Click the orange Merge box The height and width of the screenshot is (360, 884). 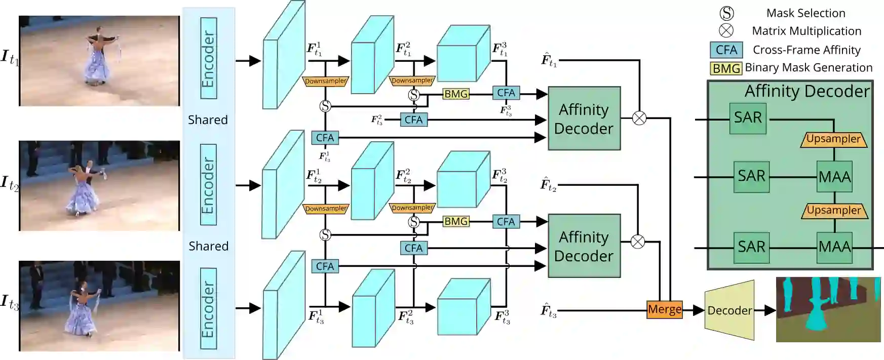pos(665,309)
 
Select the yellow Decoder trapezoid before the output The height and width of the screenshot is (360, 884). pos(729,310)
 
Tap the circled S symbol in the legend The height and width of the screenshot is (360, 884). pos(726,14)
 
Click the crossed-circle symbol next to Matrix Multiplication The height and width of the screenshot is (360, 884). pos(726,31)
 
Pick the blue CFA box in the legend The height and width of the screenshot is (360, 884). pos(726,50)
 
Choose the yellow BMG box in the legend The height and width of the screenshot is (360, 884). pos(726,68)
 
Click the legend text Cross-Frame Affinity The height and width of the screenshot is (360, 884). pos(806,50)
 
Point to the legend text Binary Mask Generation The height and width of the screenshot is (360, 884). pos(809,68)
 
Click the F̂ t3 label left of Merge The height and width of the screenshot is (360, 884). pos(549,310)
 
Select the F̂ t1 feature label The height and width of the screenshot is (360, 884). pos(549,60)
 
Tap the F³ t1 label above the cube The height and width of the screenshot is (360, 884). pos(500,50)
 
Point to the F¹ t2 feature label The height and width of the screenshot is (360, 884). pos(314,176)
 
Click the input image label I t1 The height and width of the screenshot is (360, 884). pos(10,58)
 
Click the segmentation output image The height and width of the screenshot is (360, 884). pos(828,309)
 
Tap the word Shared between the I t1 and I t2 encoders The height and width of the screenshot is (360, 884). pos(208,120)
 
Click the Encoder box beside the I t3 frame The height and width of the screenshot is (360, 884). pos(208,309)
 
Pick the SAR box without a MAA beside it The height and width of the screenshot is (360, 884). pos(748,118)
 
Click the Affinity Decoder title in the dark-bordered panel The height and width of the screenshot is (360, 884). pos(806,91)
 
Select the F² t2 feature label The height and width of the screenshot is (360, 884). pos(404,176)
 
